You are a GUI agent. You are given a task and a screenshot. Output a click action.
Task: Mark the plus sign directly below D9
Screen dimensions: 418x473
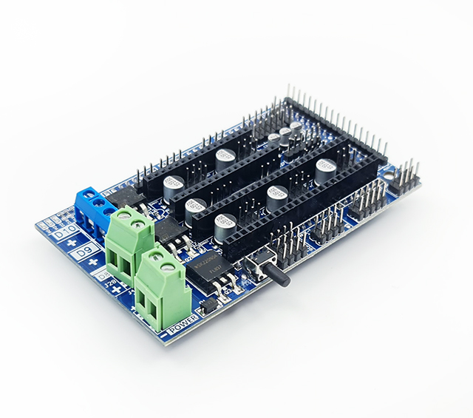94,264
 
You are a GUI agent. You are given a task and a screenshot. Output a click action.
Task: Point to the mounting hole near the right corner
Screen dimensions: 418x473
384,178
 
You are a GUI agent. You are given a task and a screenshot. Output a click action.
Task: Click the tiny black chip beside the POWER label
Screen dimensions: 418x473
208,306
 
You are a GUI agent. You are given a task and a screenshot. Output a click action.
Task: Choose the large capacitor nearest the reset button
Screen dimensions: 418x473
225,225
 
